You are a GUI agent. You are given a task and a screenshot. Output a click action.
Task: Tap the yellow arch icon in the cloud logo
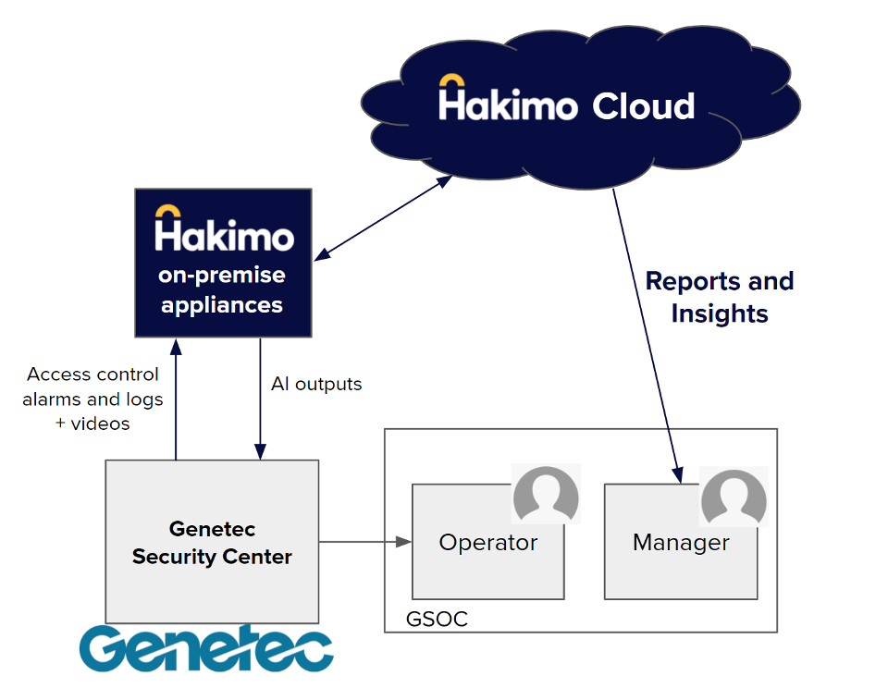pyautogui.click(x=451, y=81)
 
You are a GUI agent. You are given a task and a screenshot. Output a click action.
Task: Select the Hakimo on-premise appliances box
pyautogui.click(x=222, y=263)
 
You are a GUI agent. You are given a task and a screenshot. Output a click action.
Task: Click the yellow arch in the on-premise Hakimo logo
pyautogui.click(x=167, y=211)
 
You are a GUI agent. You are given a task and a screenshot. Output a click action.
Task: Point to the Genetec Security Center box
pyautogui.click(x=212, y=541)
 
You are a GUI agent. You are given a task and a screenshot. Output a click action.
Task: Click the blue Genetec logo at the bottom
pyautogui.click(x=205, y=648)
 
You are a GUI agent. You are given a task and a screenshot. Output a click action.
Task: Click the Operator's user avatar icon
pyautogui.click(x=546, y=495)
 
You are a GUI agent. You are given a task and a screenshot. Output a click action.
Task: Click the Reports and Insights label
pyautogui.click(x=719, y=297)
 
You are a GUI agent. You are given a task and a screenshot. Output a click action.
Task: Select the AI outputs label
pyautogui.click(x=315, y=383)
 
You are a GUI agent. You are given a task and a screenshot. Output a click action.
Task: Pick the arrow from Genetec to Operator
pyautogui.click(x=364, y=541)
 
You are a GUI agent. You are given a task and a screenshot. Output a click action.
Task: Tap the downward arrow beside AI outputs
pyautogui.click(x=261, y=398)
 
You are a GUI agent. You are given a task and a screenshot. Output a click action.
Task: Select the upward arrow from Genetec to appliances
pyautogui.click(x=175, y=398)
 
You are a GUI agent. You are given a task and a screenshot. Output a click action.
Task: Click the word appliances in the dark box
pyautogui.click(x=222, y=304)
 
